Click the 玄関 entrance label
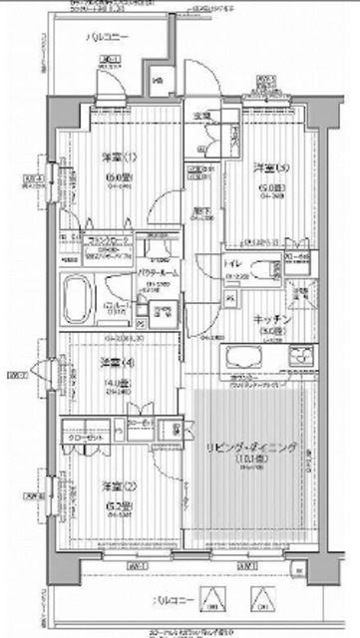point(200,117)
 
